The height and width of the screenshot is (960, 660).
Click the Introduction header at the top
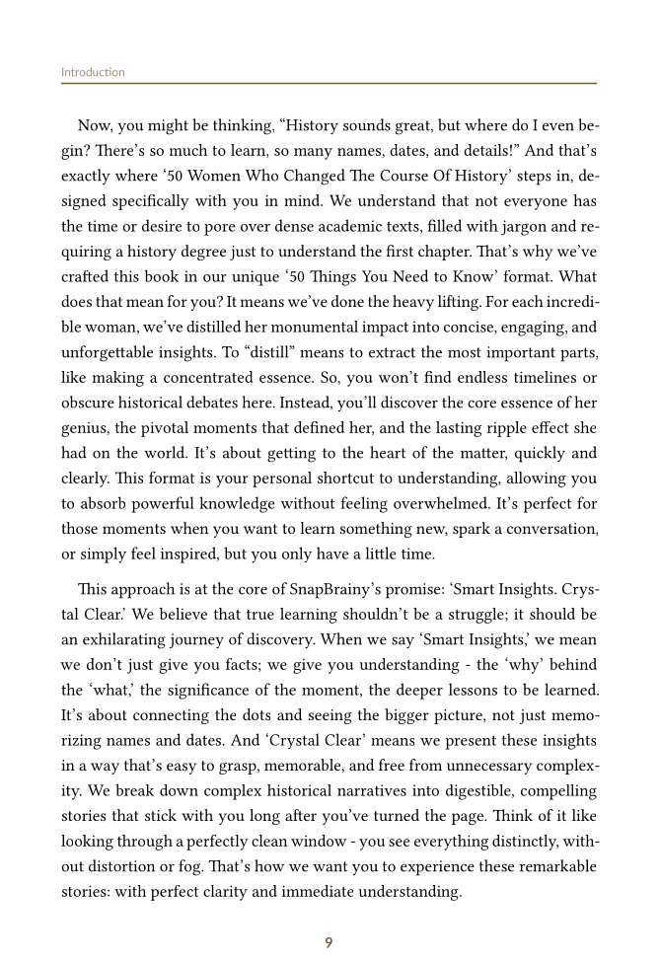point(93,72)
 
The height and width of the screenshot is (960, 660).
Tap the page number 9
point(329,942)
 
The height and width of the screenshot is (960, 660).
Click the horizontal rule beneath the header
point(329,84)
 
